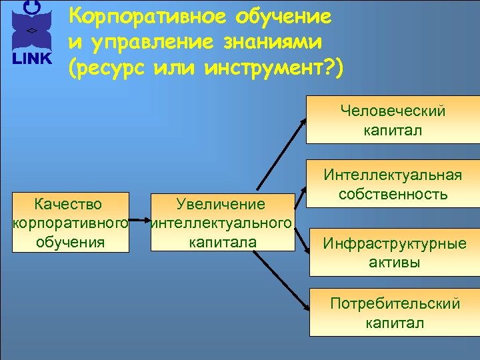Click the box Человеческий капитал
pyautogui.click(x=393, y=119)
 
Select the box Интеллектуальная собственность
pyautogui.click(x=393, y=185)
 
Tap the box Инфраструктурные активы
pyautogui.click(x=394, y=252)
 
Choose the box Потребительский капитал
pyautogui.click(x=394, y=313)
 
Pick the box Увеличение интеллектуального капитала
pyautogui.click(x=222, y=223)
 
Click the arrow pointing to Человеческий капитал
pyautogui.click(x=280, y=153)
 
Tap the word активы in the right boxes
pyautogui.click(x=395, y=262)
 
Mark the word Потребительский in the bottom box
pyautogui.click(x=395, y=304)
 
